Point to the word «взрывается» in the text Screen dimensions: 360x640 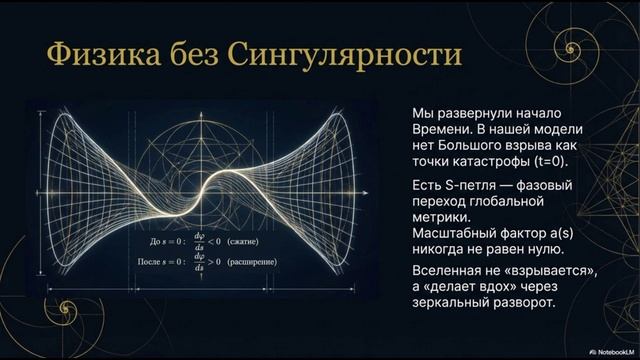(x=538, y=270)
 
